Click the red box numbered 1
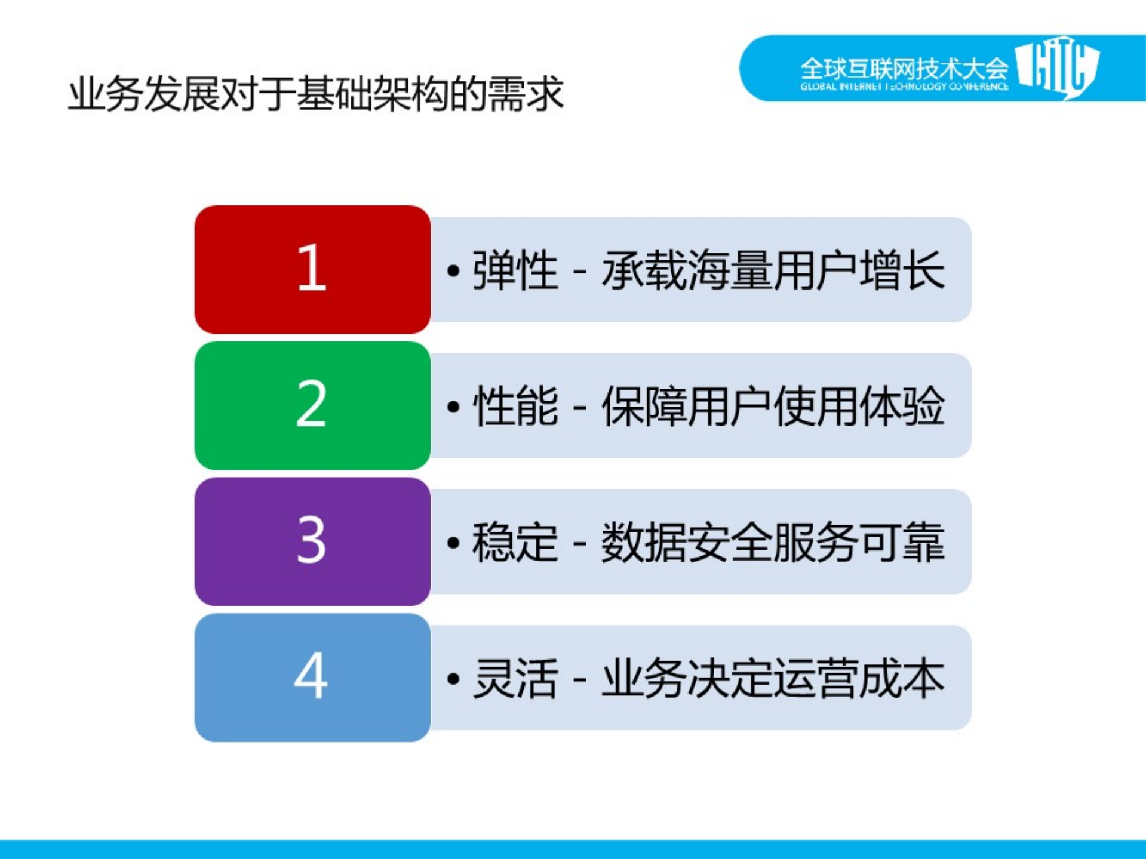point(312,269)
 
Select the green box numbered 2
point(312,405)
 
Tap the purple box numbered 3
point(312,541)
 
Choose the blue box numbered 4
point(312,678)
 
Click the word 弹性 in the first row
point(515,270)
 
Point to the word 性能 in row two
point(515,407)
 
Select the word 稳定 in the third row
point(515,543)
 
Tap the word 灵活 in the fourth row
point(515,679)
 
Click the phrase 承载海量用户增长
point(773,270)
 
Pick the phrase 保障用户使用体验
point(773,407)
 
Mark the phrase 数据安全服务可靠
point(773,543)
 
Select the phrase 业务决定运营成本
point(773,679)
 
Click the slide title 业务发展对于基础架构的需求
point(315,94)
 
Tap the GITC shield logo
point(1057,67)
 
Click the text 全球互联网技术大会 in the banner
point(904,68)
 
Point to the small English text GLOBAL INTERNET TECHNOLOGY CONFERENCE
point(904,87)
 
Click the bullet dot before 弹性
point(453,272)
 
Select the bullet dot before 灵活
point(453,680)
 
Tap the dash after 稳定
point(579,544)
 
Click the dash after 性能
point(579,408)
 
